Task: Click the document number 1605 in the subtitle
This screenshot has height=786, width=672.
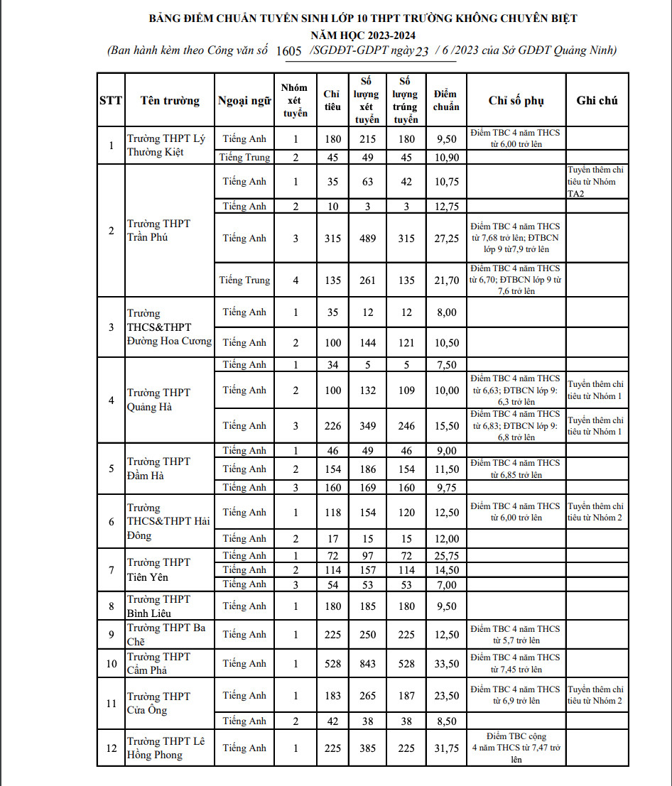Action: (x=288, y=51)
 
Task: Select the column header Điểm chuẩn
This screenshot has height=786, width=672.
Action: (x=446, y=100)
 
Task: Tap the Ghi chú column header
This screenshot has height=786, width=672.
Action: (x=597, y=100)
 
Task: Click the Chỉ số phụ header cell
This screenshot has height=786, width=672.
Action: (x=516, y=100)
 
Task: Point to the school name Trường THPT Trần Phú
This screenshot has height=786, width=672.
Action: (x=159, y=231)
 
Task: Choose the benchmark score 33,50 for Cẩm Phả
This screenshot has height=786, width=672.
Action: (x=446, y=663)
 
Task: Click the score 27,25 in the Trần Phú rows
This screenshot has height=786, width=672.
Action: (x=446, y=239)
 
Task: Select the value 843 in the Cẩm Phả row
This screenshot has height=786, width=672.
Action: (x=367, y=663)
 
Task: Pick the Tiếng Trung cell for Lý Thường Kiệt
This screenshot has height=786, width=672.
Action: (x=244, y=157)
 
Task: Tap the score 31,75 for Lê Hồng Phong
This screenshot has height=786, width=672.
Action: (x=446, y=748)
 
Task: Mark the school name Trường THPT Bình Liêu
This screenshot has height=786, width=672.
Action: (x=159, y=606)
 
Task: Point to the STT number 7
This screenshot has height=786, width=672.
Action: (x=111, y=569)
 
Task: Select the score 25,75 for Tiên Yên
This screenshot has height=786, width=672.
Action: (x=446, y=555)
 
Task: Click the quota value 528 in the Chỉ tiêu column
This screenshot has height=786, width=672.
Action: (x=332, y=663)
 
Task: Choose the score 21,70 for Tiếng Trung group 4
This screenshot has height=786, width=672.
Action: (x=446, y=280)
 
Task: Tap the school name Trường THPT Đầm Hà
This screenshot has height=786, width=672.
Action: (x=159, y=469)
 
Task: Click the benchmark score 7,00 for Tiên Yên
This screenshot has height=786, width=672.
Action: (x=446, y=584)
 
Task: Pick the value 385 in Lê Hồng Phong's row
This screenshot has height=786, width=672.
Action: (x=367, y=748)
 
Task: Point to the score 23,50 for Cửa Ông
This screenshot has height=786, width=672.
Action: (x=446, y=696)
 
